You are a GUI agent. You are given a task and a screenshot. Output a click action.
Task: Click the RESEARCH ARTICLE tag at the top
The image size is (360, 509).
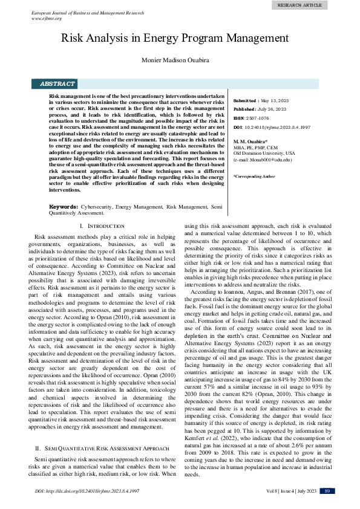(299, 4)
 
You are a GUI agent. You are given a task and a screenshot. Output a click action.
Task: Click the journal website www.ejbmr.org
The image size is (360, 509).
(47, 18)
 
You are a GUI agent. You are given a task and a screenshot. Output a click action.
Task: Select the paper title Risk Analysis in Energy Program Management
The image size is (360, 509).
(175, 37)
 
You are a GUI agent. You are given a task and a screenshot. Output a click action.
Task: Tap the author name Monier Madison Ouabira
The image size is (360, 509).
(175, 60)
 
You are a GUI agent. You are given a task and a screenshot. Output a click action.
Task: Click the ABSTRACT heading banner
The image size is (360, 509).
(57, 84)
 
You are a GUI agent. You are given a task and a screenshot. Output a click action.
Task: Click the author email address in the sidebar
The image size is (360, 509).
(263, 160)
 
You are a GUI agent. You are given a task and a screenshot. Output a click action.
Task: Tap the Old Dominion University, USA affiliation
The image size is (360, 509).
(264, 154)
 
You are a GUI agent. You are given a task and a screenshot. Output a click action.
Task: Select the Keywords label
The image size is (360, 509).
(63, 207)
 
